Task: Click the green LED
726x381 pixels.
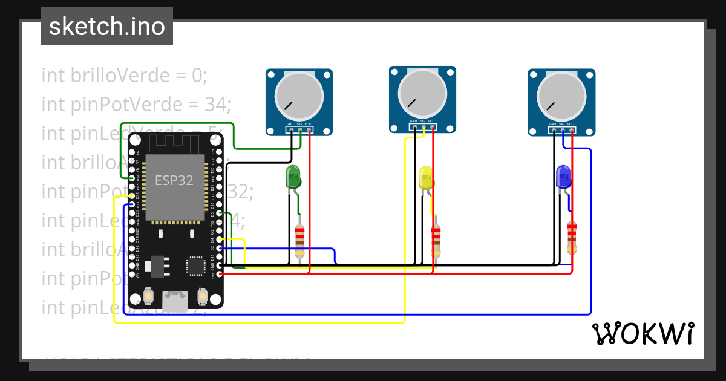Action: pyautogui.click(x=293, y=177)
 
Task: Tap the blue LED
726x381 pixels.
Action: pyautogui.click(x=563, y=177)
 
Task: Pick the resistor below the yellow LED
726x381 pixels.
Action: pyautogui.click(x=436, y=240)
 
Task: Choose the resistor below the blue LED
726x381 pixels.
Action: pyautogui.click(x=572, y=237)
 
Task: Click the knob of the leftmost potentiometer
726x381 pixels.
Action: pyautogui.click(x=299, y=96)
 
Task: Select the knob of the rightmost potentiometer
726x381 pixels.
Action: pyautogui.click(x=561, y=96)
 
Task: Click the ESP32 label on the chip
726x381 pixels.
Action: pyautogui.click(x=174, y=180)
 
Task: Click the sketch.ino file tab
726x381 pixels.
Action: pyautogui.click(x=107, y=27)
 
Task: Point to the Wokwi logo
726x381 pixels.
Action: pyautogui.click(x=643, y=333)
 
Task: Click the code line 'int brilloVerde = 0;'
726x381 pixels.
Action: pyautogui.click(x=125, y=76)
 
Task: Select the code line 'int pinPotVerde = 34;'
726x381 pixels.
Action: pyautogui.click(x=137, y=105)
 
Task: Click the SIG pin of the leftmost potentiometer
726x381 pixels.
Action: pyautogui.click(x=300, y=129)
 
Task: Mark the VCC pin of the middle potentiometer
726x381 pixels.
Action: pyautogui.click(x=432, y=127)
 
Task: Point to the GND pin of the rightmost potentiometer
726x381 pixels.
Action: pyautogui.click(x=553, y=129)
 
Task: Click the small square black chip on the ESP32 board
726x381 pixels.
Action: pyautogui.click(x=195, y=266)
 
